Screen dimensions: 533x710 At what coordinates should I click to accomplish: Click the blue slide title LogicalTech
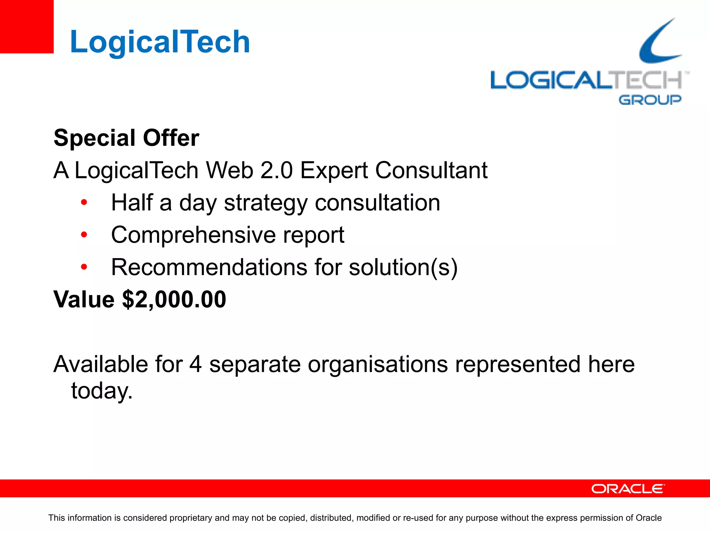point(160,42)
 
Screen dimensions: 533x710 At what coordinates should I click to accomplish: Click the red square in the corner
point(27,26)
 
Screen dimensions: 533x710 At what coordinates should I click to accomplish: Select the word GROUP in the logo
point(650,100)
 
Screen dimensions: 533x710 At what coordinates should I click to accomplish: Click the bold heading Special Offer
point(127,138)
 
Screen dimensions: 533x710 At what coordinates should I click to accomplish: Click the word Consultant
point(431,170)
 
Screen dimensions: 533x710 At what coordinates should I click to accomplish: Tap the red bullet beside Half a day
point(84,202)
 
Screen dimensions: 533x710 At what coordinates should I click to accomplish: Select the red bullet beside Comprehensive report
point(84,235)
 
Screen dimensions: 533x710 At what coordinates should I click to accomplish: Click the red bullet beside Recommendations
point(84,267)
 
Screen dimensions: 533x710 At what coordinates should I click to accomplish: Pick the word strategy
point(266,203)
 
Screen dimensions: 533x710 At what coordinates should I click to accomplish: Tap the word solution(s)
point(403,267)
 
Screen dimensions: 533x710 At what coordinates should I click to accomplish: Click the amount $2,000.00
point(174,299)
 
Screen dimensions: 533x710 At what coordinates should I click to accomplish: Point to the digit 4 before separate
point(196,364)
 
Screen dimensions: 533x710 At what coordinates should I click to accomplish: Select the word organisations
point(378,364)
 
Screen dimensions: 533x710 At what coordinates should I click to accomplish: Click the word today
point(102,391)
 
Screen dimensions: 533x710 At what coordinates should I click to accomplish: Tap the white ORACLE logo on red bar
point(628,489)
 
